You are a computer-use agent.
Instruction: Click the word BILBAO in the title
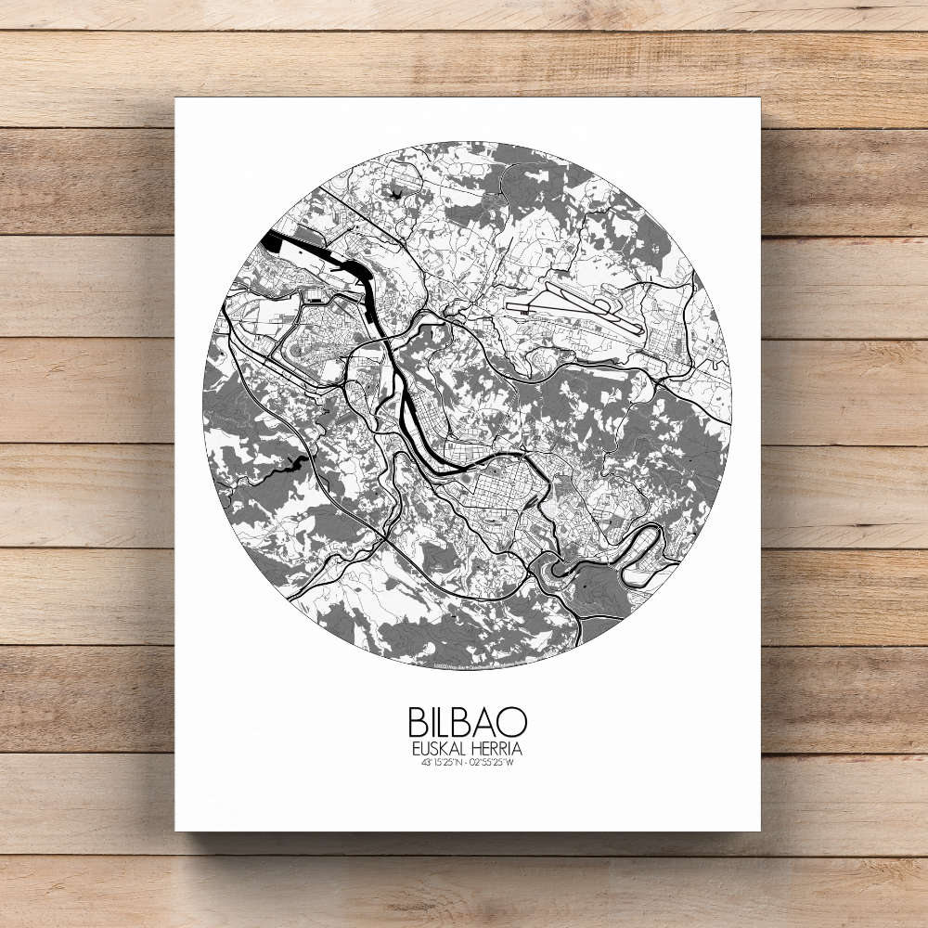pos(467,722)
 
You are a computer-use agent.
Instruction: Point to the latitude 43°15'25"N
pos(440,764)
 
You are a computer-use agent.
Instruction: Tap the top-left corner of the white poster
pos(176,99)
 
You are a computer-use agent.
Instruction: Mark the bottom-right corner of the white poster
pos(759,830)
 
